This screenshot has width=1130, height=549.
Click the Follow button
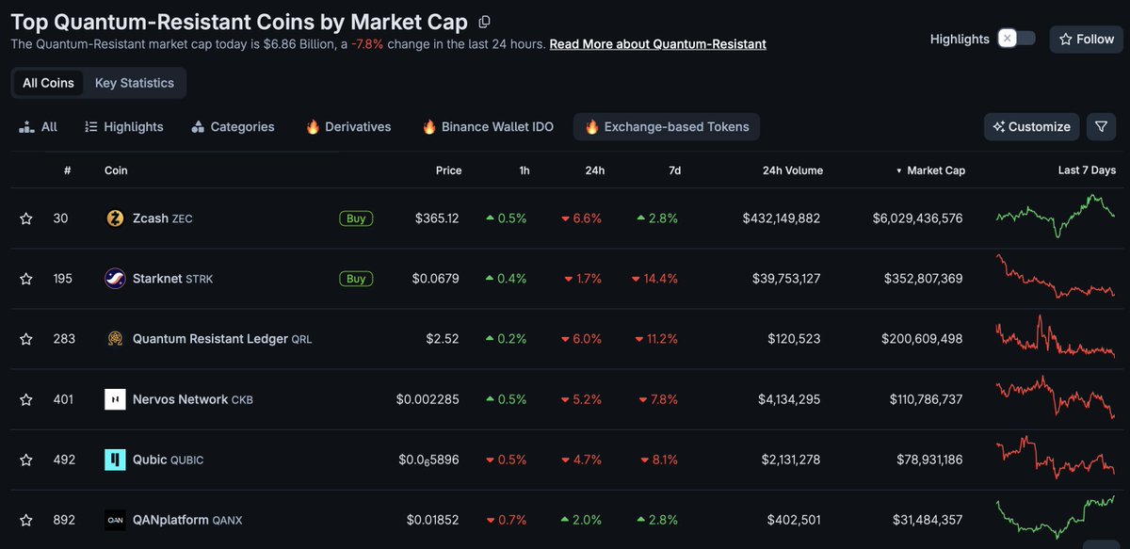[1087, 39]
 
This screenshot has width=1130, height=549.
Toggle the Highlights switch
[1016, 39]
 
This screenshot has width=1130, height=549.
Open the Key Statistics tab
[134, 83]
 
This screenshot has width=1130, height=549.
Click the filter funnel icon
[1101, 126]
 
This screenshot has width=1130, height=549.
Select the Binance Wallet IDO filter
[487, 126]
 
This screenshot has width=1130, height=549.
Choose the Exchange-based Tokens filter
[667, 126]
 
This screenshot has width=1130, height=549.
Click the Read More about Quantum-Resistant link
[657, 44]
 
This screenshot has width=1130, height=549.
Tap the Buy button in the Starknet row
[356, 279]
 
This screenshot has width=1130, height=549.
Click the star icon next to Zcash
[26, 218]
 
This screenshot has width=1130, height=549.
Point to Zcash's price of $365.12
[437, 218]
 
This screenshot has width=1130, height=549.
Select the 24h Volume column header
[792, 170]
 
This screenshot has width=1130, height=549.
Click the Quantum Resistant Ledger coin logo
[115, 339]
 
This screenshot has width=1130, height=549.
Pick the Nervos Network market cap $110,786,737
[926, 399]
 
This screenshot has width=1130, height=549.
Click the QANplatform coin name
[169, 520]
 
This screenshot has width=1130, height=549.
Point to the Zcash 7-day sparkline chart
[1056, 217]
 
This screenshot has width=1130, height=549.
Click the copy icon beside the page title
[484, 22]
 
